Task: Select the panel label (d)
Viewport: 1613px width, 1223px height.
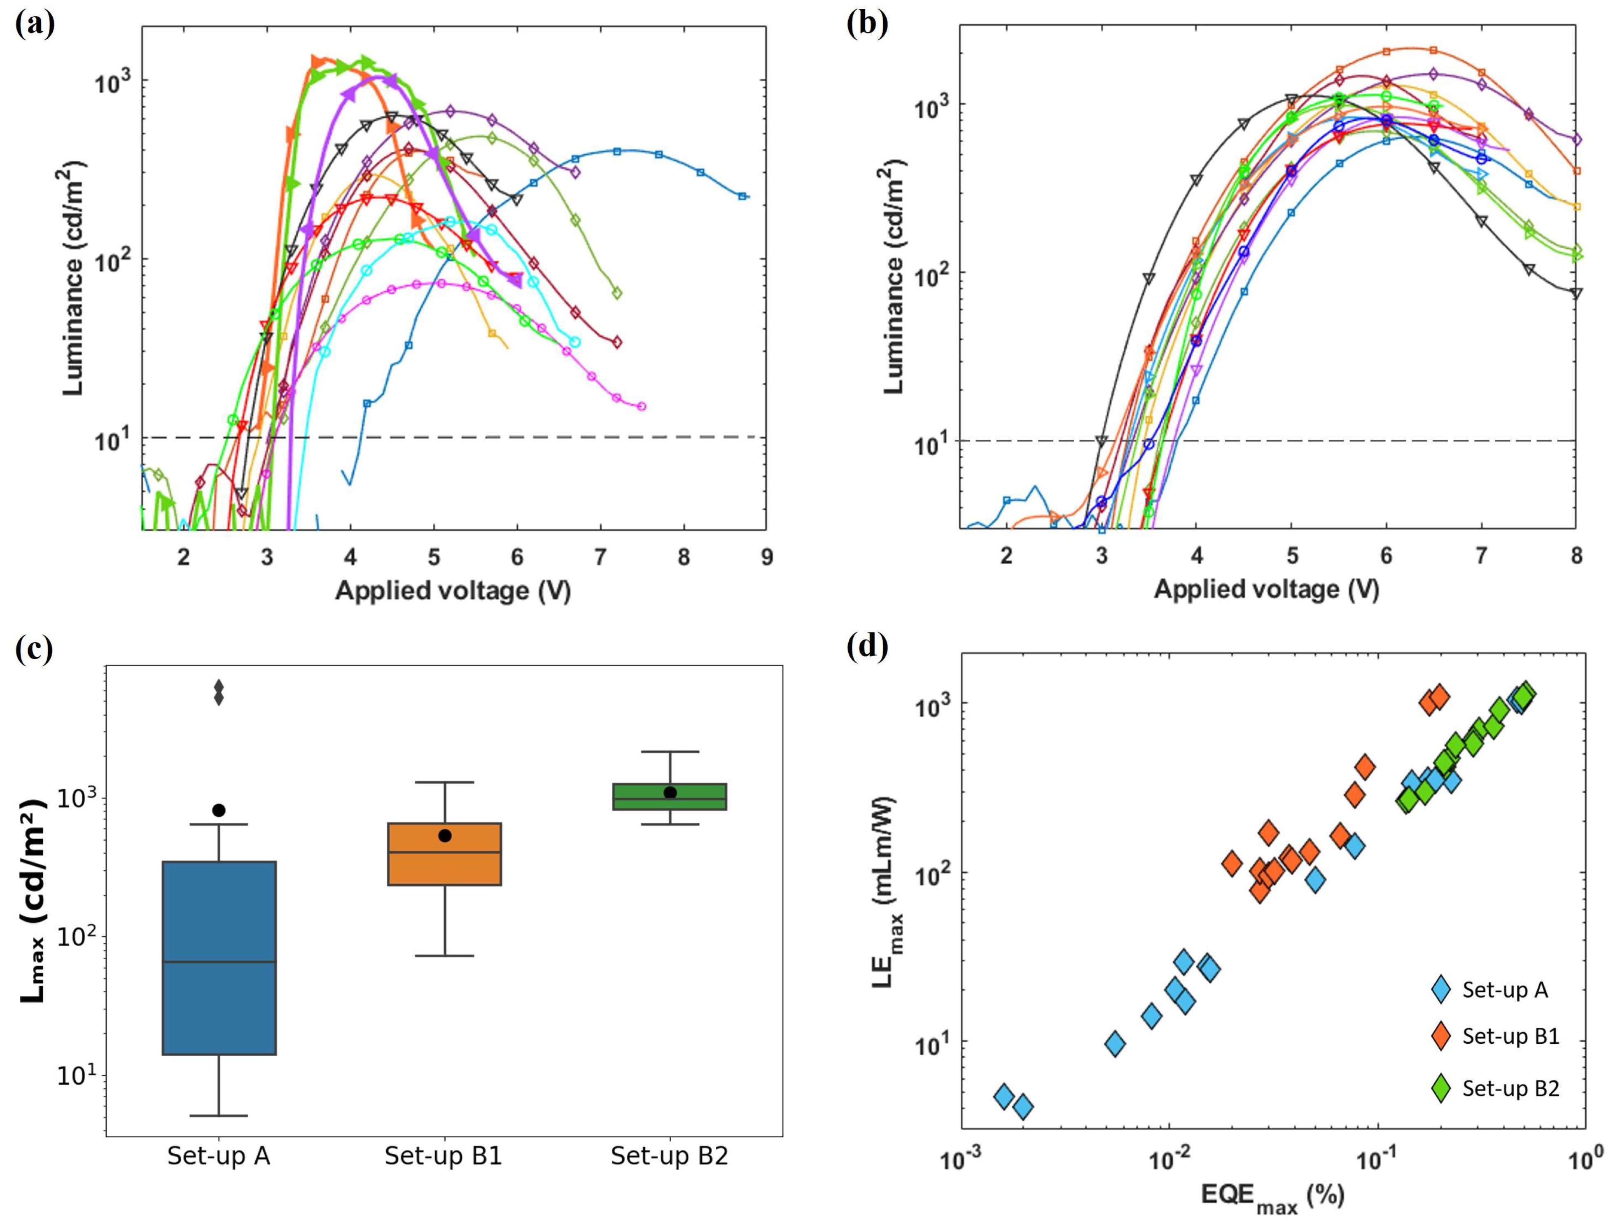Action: click(867, 648)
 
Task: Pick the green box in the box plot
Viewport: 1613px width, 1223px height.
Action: click(670, 797)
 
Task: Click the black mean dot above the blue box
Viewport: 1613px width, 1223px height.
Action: click(219, 810)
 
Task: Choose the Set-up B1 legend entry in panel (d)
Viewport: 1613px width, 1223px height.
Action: click(1510, 1036)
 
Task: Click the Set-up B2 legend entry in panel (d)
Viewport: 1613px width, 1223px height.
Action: click(1510, 1089)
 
